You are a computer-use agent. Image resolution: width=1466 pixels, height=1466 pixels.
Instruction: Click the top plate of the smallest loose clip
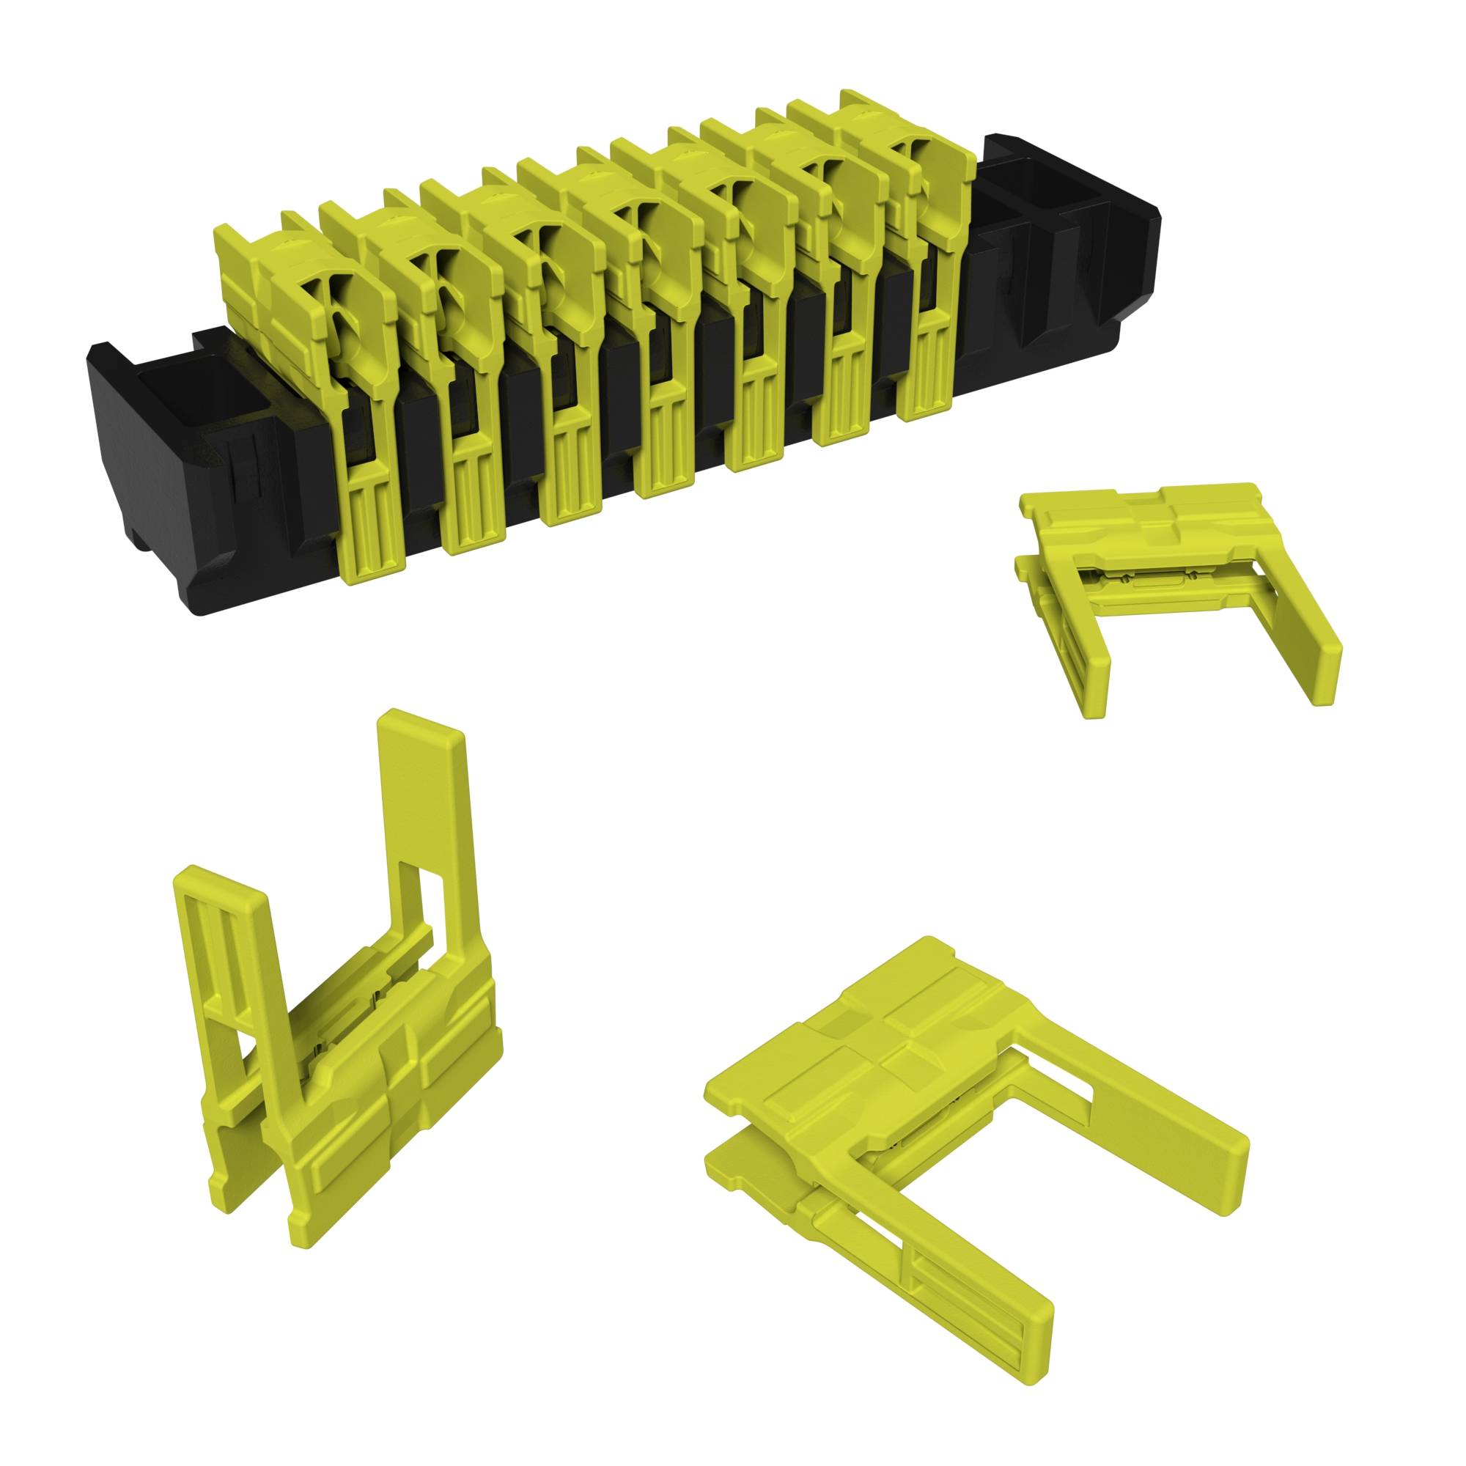(x=1123, y=531)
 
